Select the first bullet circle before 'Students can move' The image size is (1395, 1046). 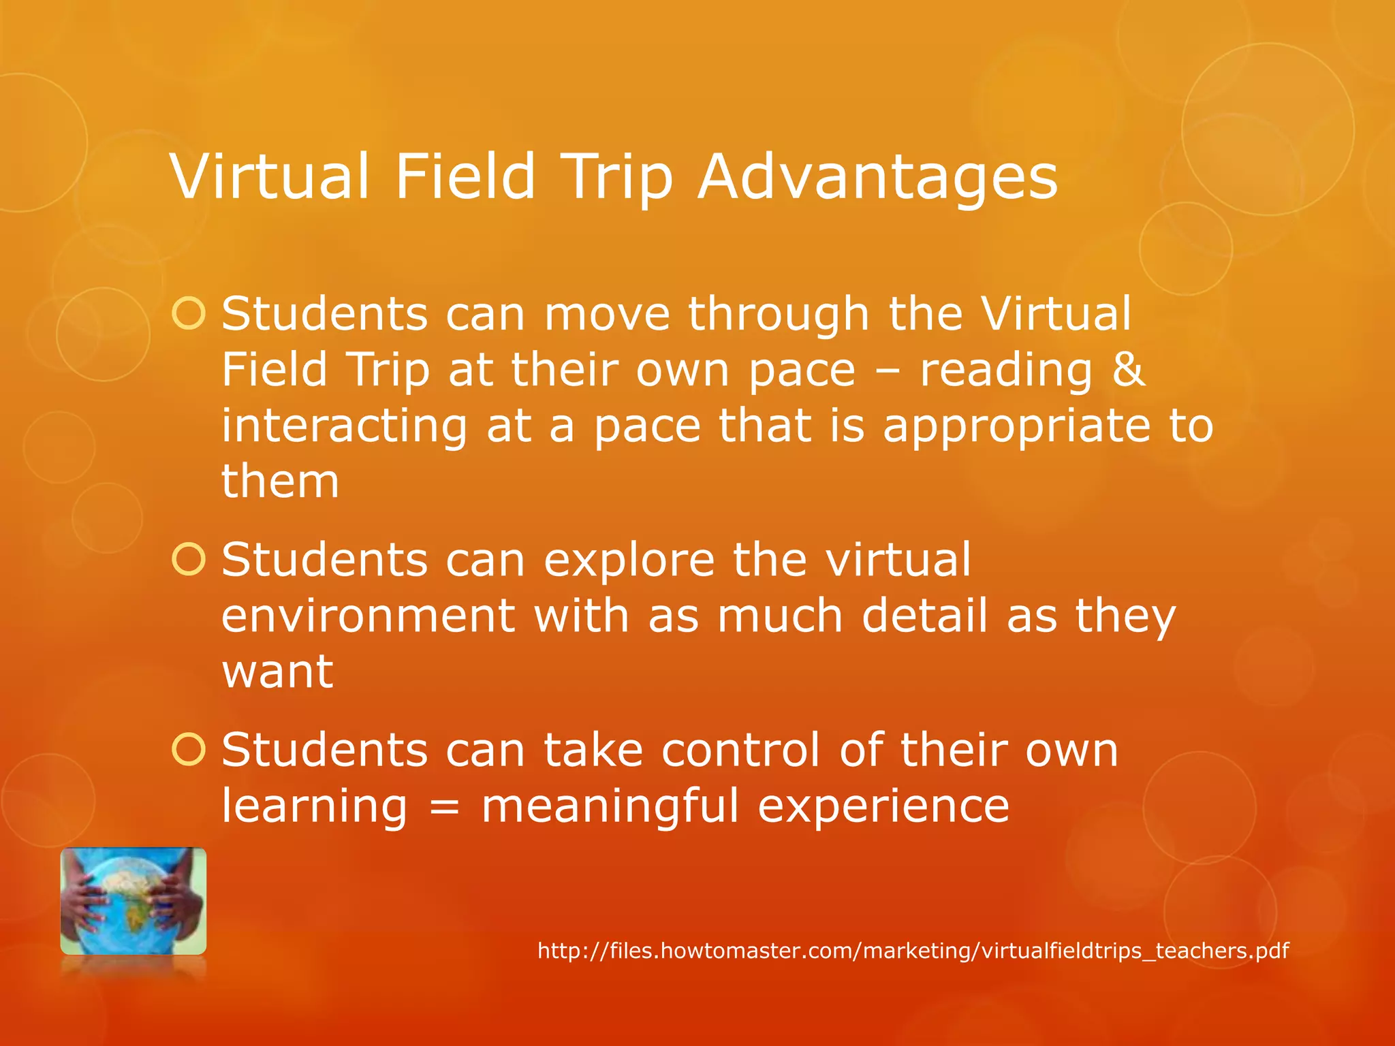pos(189,314)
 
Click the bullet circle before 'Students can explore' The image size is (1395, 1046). pos(189,560)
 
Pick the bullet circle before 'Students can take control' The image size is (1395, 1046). pos(189,750)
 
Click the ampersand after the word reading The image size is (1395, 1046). pos(1129,370)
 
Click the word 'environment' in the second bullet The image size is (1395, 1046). pos(368,616)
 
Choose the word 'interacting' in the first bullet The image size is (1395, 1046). pos(344,426)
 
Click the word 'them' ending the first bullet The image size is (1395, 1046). pos(280,481)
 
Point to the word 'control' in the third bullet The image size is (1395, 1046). pos(740,750)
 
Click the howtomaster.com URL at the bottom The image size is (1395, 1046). pos(913,950)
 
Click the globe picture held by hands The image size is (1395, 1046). pos(134,900)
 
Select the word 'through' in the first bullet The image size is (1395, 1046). pos(779,315)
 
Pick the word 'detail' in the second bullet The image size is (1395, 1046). pos(925,616)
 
